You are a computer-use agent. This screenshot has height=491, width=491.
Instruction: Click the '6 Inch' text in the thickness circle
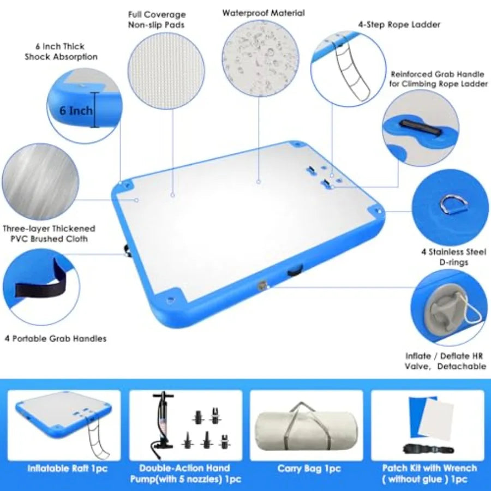pos(76,111)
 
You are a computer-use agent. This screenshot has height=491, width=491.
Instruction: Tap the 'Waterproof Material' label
pos(264,13)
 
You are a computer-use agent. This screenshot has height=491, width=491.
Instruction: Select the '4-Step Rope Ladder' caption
pos(399,25)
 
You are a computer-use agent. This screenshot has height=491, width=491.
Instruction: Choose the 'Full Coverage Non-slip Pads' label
pos(157,20)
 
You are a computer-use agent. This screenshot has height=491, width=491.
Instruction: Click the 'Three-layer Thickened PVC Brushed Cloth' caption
pos(49,233)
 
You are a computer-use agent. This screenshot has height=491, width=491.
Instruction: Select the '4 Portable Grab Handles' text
pos(56,338)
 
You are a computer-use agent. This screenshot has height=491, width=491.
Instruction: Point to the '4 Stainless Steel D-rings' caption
pos(454,257)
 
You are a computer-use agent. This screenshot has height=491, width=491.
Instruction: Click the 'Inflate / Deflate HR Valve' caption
pos(445,361)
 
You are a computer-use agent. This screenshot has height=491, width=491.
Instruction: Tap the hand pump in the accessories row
pos(163,421)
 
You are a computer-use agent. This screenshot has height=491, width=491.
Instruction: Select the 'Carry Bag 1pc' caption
pos(309,469)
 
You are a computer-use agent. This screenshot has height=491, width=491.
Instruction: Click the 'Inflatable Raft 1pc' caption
pos(67,469)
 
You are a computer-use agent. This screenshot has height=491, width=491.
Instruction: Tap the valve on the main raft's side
pos(262,286)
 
